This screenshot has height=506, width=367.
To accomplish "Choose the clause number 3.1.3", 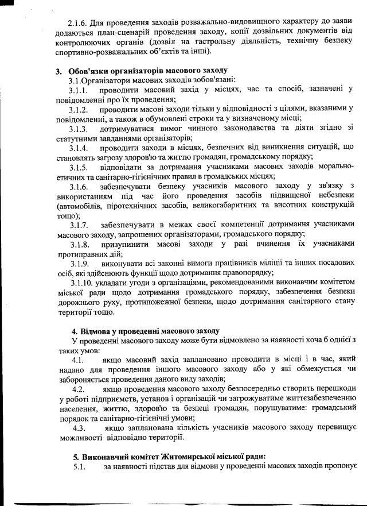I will click(78, 129).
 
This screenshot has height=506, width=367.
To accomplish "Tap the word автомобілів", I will click(84, 205).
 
